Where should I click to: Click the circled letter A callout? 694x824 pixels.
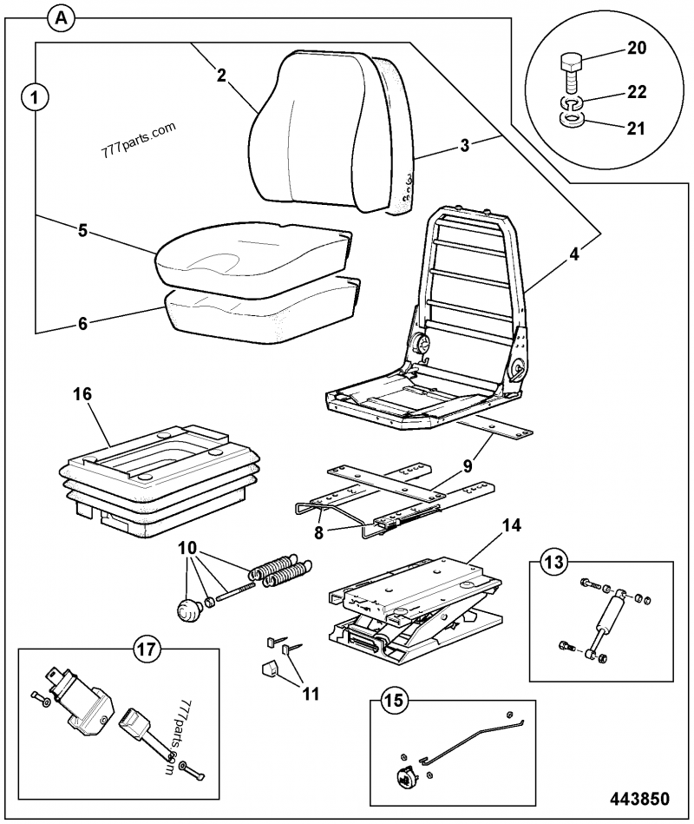pyautogui.click(x=61, y=17)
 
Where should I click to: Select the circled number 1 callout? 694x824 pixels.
pyautogui.click(x=35, y=96)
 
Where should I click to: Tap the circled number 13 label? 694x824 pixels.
pyautogui.click(x=554, y=562)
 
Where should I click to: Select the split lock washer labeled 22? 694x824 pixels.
pyautogui.click(x=570, y=103)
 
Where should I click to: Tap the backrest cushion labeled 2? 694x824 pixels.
pyautogui.click(x=312, y=130)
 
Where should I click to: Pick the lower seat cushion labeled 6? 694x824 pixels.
pyautogui.click(x=260, y=311)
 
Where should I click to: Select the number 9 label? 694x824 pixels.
pyautogui.click(x=468, y=465)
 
